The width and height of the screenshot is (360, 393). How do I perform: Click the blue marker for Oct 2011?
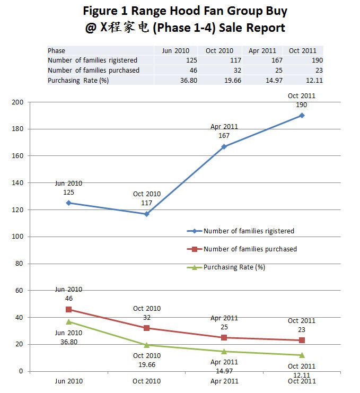(x=302, y=115)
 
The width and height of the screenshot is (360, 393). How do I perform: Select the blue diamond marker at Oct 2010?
(x=147, y=214)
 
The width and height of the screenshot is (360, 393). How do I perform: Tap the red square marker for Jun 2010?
(x=69, y=309)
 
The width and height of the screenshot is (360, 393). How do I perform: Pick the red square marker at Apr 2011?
(x=224, y=337)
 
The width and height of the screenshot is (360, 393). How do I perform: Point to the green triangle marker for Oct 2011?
(x=302, y=355)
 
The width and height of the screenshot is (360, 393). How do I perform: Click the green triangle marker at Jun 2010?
(x=69, y=321)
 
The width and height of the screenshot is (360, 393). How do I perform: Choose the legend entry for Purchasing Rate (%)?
(x=234, y=267)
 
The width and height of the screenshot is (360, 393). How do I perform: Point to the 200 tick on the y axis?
(x=17, y=102)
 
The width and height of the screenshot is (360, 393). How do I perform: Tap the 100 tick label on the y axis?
(x=17, y=237)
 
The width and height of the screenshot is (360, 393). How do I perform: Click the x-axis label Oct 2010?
(x=147, y=381)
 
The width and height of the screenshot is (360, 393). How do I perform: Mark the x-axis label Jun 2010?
(x=69, y=381)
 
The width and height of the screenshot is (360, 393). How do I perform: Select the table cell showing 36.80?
(x=179, y=80)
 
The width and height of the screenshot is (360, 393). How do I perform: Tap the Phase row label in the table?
(x=57, y=51)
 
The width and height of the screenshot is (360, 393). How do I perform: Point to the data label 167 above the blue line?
(x=224, y=135)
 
